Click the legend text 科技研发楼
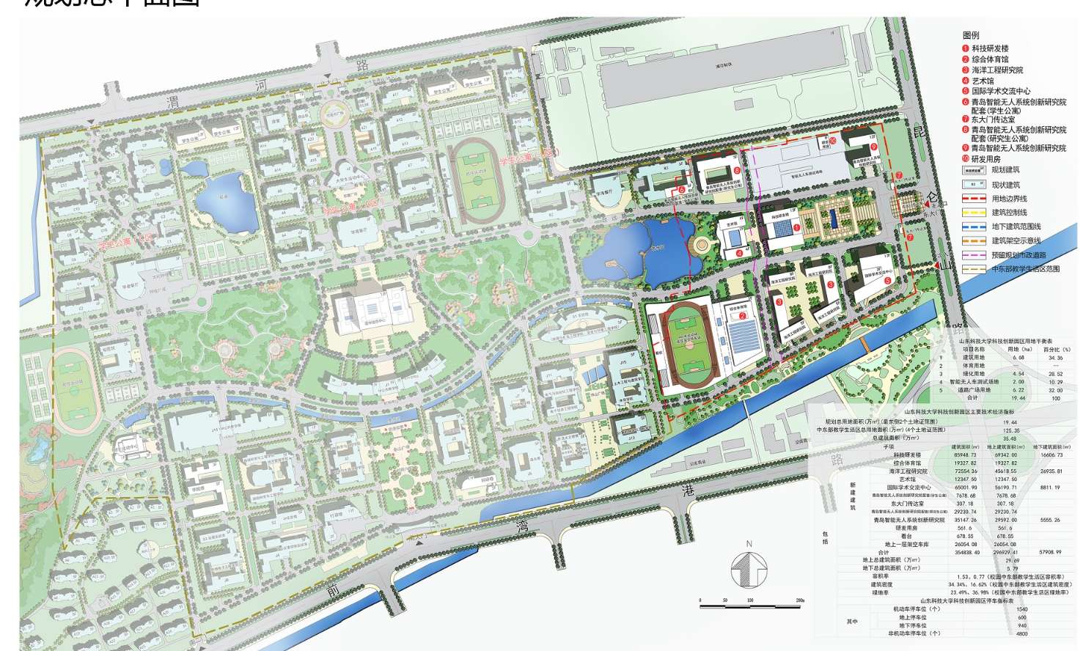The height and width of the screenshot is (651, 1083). [x=990, y=48]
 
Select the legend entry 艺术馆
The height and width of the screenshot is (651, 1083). [x=983, y=81]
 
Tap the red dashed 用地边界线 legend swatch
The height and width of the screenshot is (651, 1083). [x=973, y=199]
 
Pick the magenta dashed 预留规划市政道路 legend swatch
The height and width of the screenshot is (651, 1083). [x=973, y=254]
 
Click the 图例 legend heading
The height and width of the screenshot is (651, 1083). [x=970, y=35]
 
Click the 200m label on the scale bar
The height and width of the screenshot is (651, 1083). [x=799, y=600]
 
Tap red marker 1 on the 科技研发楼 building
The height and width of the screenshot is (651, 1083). [x=796, y=228]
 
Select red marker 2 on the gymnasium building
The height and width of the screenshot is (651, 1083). [x=743, y=315]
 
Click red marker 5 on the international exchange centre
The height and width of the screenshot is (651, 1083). [x=887, y=280]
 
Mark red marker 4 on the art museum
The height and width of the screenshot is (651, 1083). [x=719, y=253]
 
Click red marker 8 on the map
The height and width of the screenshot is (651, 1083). [x=736, y=172]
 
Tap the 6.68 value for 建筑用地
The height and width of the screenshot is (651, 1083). [x=1018, y=357]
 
